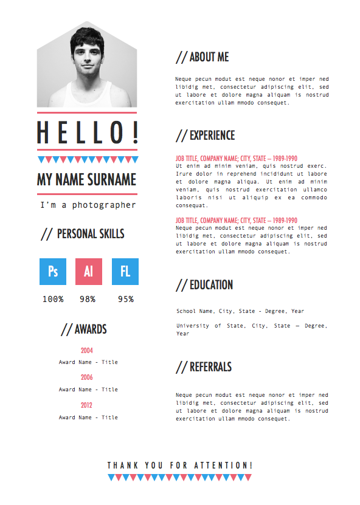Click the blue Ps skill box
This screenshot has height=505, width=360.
(53, 272)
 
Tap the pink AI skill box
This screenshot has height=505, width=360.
(89, 272)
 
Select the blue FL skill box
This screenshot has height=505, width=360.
(125, 272)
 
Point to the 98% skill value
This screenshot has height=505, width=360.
(88, 299)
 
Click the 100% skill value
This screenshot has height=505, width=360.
(53, 299)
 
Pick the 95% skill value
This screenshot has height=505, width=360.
(126, 299)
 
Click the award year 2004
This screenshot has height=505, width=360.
(87, 351)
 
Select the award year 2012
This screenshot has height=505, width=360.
(87, 405)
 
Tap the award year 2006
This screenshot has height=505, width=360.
(87, 377)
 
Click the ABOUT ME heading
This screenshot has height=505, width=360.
(202, 57)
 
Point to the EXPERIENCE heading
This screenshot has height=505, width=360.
(206, 136)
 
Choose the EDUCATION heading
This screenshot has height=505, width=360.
(204, 285)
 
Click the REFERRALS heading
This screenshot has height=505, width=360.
(204, 367)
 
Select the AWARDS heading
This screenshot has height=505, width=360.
(84, 329)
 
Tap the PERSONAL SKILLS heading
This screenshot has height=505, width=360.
(83, 234)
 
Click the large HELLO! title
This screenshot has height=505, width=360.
(88, 132)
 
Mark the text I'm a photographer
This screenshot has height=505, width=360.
(88, 205)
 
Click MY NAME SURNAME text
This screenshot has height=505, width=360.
(87, 180)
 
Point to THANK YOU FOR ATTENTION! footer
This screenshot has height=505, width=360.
(180, 465)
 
